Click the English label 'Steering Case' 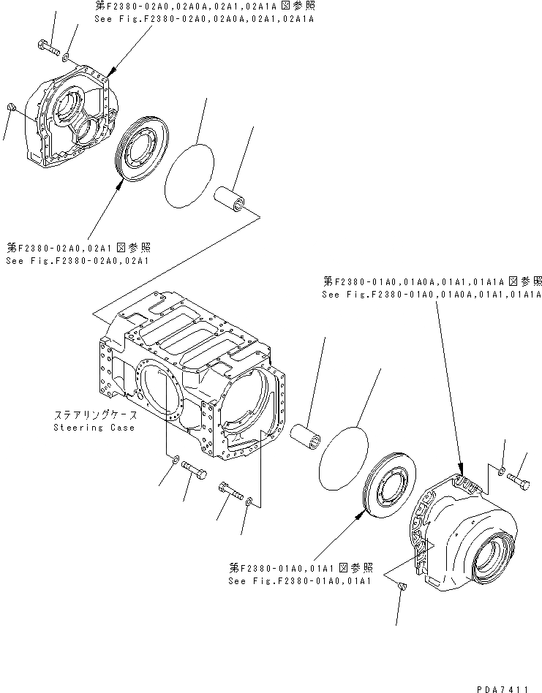pyautogui.click(x=94, y=427)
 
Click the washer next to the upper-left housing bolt pyautogui.click(x=67, y=56)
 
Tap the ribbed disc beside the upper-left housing pyautogui.click(x=143, y=154)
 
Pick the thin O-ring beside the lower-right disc pyautogui.click(x=344, y=455)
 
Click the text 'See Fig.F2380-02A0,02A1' pyautogui.click(x=78, y=260)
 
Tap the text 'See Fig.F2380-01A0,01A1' pyautogui.click(x=301, y=580)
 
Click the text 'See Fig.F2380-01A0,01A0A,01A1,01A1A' pyautogui.click(x=431, y=294)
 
